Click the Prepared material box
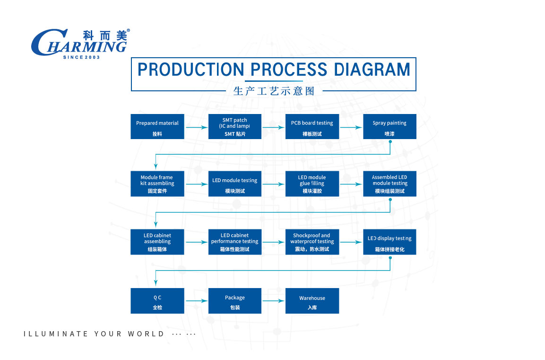[x=157, y=127]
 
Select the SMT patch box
[x=235, y=127]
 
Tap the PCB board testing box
[x=312, y=127]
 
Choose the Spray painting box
[x=389, y=127]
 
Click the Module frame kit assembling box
[x=157, y=184]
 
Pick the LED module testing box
[x=235, y=184]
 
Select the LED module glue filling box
[x=312, y=184]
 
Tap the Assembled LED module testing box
[x=389, y=184]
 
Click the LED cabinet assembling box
[x=157, y=242]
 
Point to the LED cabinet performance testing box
[x=235, y=242]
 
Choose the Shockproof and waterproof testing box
[x=312, y=242]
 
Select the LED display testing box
[x=389, y=242]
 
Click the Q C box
[x=157, y=301]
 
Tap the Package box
[x=235, y=301]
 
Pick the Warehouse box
[x=312, y=301]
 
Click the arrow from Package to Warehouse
[x=274, y=301]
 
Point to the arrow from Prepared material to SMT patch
[x=196, y=127]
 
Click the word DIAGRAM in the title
[x=372, y=70]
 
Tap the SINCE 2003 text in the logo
[x=81, y=57]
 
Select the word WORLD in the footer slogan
[x=146, y=334]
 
